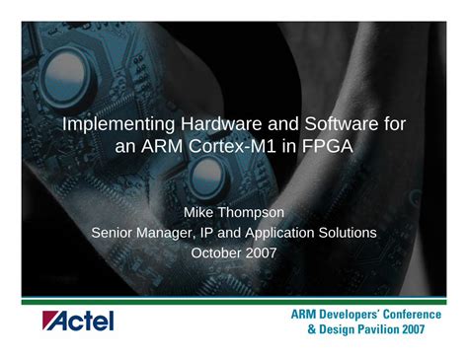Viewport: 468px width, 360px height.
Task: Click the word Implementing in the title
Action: point(115,126)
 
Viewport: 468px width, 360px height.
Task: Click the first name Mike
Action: point(202,212)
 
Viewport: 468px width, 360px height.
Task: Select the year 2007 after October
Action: point(261,253)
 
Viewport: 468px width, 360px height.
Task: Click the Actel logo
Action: point(77,321)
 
